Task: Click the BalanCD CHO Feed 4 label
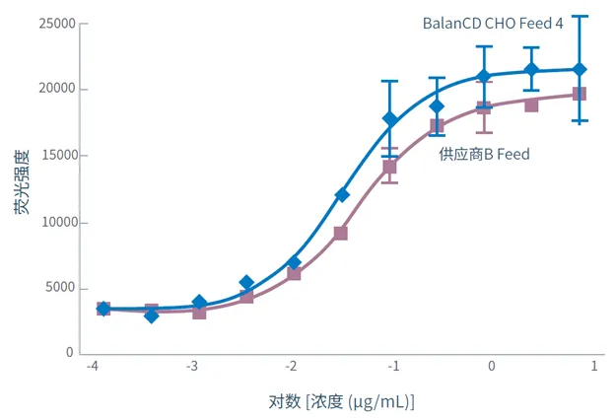[493, 23]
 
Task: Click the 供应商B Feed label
[484, 154]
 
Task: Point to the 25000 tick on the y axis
[56, 24]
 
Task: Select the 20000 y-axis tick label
[56, 90]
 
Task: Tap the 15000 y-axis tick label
[56, 156]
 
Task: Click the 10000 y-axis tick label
[56, 222]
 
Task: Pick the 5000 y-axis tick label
[60, 288]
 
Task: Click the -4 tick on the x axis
[92, 366]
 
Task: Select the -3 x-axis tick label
[192, 366]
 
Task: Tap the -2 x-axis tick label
[292, 366]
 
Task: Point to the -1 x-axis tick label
[392, 366]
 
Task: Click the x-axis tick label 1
[593, 366]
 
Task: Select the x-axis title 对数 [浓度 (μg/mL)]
[341, 402]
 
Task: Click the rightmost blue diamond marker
[580, 70]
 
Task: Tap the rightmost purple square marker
[580, 94]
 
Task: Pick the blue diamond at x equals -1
[390, 119]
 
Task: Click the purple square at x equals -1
[390, 167]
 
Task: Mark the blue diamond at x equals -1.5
[341, 194]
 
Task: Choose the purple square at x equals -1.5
[341, 234]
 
